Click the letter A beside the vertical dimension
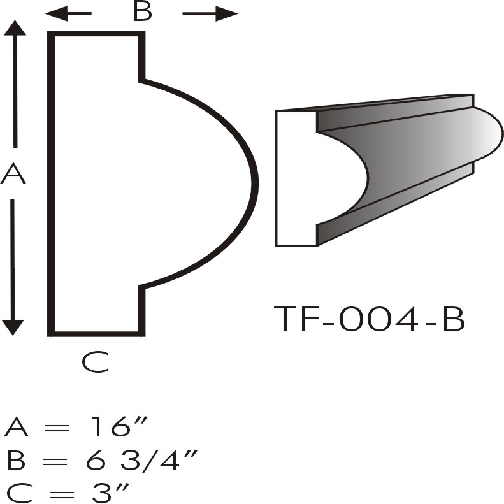(x=13, y=174)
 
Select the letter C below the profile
(x=96, y=362)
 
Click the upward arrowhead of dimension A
(x=15, y=29)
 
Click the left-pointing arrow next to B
(x=67, y=13)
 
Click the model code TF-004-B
(x=370, y=320)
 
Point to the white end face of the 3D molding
(x=296, y=178)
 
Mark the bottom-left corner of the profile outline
(x=52, y=332)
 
